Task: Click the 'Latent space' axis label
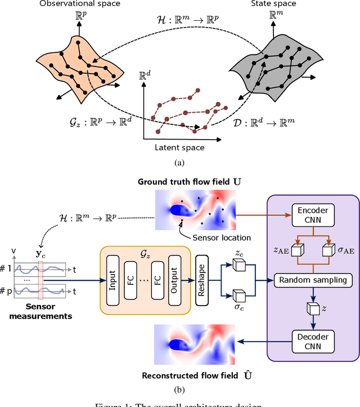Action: [x=179, y=147]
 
